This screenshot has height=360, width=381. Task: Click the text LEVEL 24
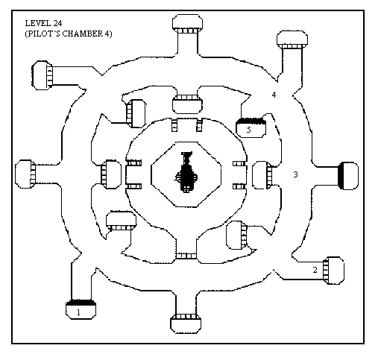click(x=43, y=23)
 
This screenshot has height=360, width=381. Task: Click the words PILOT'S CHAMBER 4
click(x=69, y=34)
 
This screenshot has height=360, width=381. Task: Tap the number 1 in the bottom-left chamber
click(x=78, y=312)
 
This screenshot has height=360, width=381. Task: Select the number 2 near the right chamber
click(x=315, y=270)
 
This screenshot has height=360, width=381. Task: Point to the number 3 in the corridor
click(x=295, y=174)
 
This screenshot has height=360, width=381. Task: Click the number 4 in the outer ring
click(x=274, y=95)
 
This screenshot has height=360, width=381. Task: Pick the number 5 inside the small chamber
click(x=249, y=130)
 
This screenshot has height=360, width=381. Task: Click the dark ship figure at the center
click(x=186, y=172)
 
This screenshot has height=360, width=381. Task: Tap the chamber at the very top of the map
click(x=187, y=24)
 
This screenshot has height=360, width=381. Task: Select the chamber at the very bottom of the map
click(x=186, y=323)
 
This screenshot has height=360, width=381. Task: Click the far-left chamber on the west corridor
click(x=25, y=174)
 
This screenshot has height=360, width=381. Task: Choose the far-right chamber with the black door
click(x=349, y=176)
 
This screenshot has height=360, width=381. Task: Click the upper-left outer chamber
click(x=42, y=75)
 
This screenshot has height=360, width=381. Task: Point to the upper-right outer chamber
click(x=292, y=40)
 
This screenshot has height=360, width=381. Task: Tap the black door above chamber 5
click(x=251, y=121)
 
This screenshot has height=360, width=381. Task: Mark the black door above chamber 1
click(x=81, y=303)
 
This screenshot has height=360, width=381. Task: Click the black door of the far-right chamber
click(x=341, y=176)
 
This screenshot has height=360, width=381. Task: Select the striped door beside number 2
click(x=326, y=271)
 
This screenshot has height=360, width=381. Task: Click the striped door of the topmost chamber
click(x=187, y=31)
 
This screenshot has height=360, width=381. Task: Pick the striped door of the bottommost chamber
click(x=186, y=317)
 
